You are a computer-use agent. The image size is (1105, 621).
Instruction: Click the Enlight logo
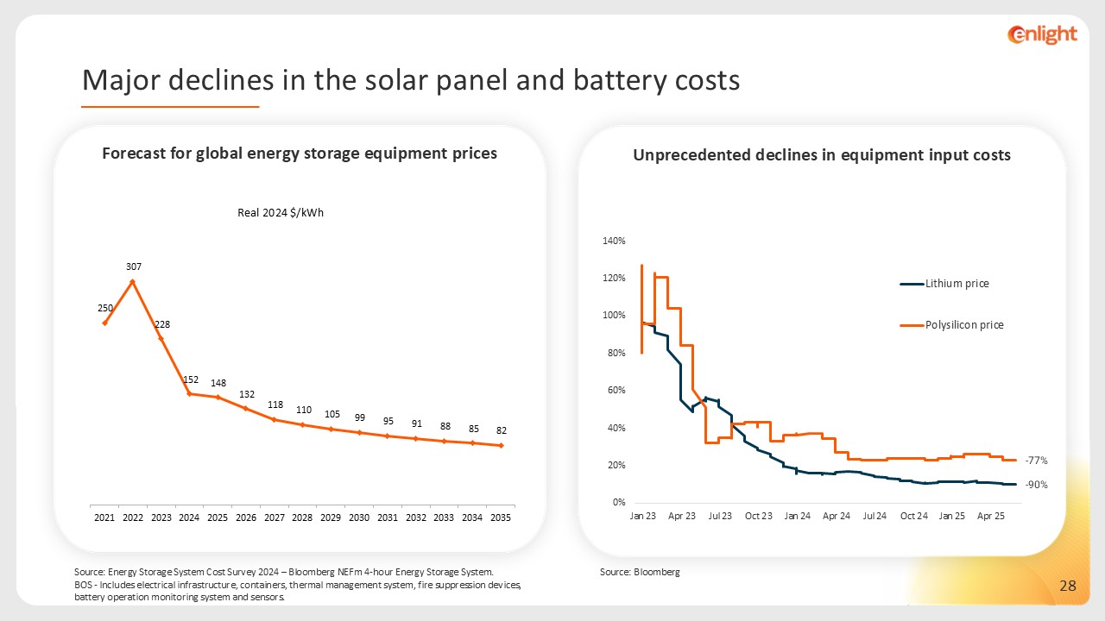pyautogui.click(x=1042, y=34)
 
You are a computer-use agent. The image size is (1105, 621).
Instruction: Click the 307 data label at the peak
pyautogui.click(x=132, y=268)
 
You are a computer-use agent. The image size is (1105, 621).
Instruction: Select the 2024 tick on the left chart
pyautogui.click(x=189, y=517)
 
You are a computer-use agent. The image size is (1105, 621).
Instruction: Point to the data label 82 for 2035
pyautogui.click(x=501, y=430)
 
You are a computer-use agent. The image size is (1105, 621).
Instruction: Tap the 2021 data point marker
pyautogui.click(x=104, y=323)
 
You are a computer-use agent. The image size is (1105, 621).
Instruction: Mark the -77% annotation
pyautogui.click(x=1036, y=461)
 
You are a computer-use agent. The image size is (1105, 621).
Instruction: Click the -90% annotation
pyautogui.click(x=1036, y=485)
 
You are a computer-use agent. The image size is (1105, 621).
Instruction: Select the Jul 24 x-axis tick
pyautogui.click(x=875, y=516)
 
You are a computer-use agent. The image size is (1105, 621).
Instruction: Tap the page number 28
pyautogui.click(x=1068, y=586)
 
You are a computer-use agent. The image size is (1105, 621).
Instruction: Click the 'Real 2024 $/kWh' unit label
pyautogui.click(x=281, y=214)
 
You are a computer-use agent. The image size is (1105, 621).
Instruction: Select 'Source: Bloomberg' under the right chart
pyautogui.click(x=640, y=572)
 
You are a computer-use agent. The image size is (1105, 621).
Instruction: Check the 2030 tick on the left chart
pyautogui.click(x=359, y=517)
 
